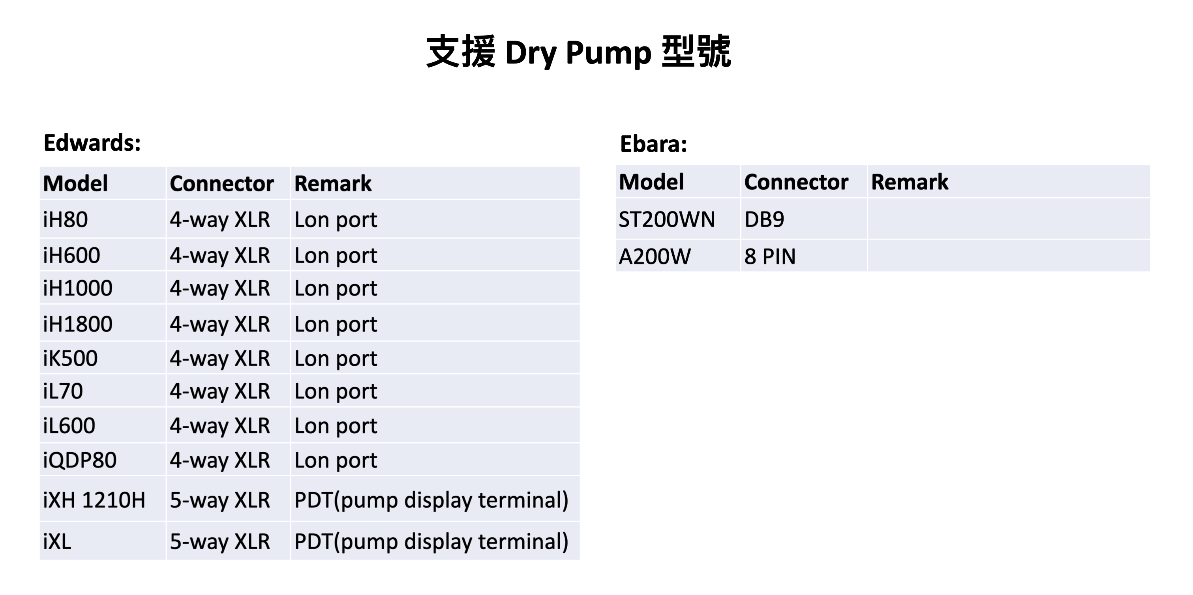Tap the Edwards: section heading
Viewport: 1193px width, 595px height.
coord(92,142)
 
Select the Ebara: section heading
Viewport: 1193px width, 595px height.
coord(653,144)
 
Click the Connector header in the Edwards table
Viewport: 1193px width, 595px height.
coord(222,183)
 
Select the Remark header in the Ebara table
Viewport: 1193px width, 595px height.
coord(910,182)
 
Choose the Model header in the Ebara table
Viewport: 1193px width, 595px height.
coord(651,182)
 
